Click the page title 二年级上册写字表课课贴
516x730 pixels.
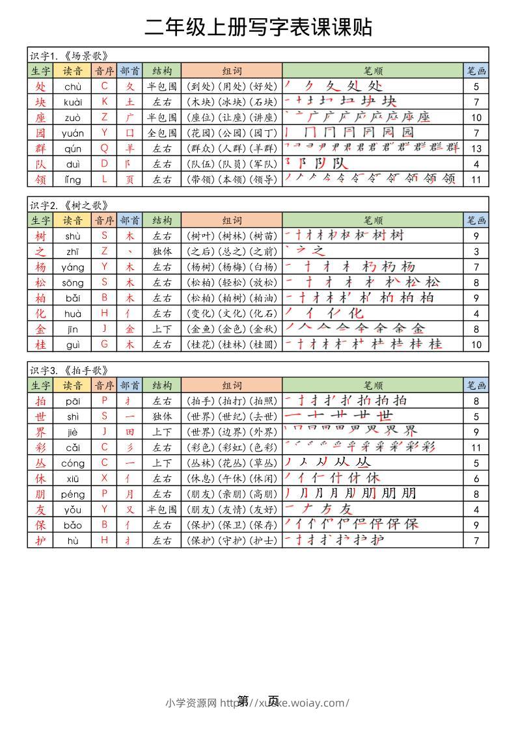pos(258,27)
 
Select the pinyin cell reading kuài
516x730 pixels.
pos(72,101)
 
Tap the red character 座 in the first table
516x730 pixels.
pos(40,117)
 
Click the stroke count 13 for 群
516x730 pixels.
pos(476,148)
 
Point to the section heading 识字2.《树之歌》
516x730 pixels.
pos(68,205)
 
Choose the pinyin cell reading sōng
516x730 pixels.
pos(72,282)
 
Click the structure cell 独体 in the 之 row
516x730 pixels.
pos(162,251)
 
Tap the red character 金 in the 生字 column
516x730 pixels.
pos(40,329)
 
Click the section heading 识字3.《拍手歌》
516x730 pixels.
pos(68,370)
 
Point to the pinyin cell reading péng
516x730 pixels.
pos(72,494)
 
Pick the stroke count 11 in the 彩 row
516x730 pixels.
pos(476,447)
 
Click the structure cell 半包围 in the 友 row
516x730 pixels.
pos(162,509)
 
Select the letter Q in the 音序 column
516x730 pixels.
pos(104,148)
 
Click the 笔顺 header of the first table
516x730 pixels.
pos(373,71)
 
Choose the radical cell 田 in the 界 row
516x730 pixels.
pos(130,431)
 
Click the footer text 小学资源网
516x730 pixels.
pos(191,703)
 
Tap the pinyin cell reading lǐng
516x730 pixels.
pos(72,179)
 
